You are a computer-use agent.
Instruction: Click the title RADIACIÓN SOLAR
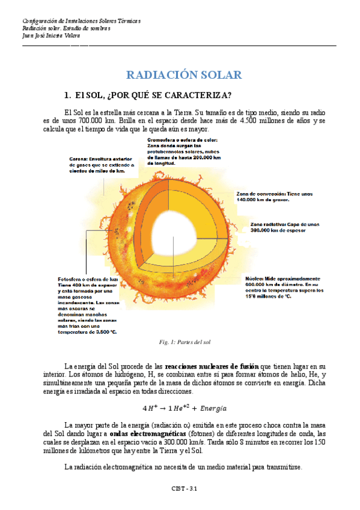tap(183, 75)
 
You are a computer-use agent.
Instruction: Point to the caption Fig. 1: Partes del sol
tap(181, 342)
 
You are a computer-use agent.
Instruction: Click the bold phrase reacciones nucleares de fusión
tap(211, 366)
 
